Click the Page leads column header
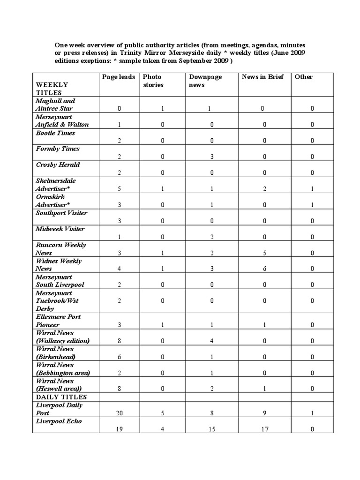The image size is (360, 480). (119, 77)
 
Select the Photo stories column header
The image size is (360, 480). (153, 81)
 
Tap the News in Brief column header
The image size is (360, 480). (262, 77)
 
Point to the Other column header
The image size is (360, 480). (303, 77)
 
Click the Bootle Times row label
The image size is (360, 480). (55, 133)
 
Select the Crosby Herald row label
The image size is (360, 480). (58, 165)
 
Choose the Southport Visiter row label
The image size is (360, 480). (61, 213)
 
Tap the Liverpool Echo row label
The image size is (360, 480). (59, 421)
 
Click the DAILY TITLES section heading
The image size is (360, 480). (61, 397)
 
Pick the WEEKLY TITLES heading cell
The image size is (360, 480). (52, 89)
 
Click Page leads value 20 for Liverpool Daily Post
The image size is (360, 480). (119, 413)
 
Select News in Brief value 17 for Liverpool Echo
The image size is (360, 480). (265, 429)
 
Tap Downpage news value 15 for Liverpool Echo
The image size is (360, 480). (211, 429)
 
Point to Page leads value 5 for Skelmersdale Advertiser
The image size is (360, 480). (119, 188)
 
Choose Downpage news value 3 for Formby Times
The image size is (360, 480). (211, 157)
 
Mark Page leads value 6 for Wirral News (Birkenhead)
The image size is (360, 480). (119, 357)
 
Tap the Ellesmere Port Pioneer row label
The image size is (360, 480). (58, 321)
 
